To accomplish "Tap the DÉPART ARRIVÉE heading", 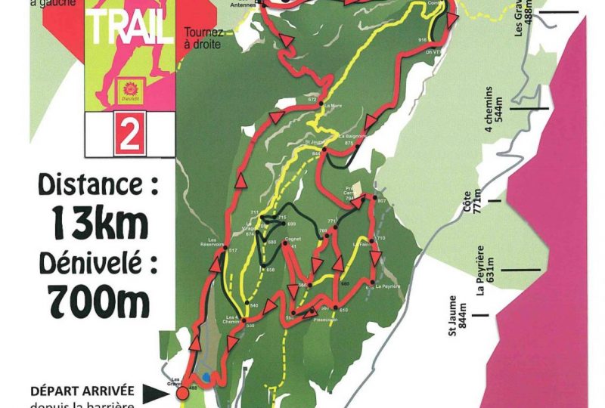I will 82,391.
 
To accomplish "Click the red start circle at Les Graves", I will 181,393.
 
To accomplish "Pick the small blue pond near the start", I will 207,377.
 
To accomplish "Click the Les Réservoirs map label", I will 212,243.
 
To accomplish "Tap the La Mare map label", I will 332,106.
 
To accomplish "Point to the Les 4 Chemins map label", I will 234,320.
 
